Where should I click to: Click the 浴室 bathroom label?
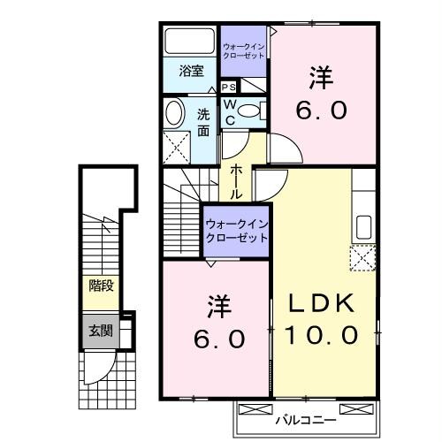coord(192,71)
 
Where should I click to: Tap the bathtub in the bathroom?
coord(190,42)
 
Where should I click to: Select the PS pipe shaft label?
coord(228,87)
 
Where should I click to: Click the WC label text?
coord(228,110)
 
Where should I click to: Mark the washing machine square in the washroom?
coord(177,145)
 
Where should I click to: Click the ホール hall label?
coord(238,180)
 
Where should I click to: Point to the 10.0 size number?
coord(323,336)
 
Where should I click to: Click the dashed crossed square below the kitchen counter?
coord(362,258)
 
